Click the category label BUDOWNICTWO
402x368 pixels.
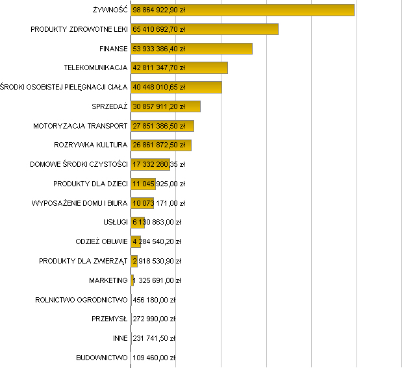(x=102, y=358)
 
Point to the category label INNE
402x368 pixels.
(x=120, y=338)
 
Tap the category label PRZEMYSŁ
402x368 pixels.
(x=110, y=319)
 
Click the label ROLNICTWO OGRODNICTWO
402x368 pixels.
(x=81, y=300)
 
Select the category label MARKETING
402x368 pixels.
(x=108, y=280)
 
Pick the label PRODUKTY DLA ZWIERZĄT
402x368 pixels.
(x=83, y=261)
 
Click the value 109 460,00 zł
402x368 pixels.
(x=154, y=358)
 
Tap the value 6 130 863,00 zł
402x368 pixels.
(x=157, y=223)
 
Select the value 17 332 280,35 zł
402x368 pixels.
(x=158, y=164)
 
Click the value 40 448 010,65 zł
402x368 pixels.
(x=158, y=87)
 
